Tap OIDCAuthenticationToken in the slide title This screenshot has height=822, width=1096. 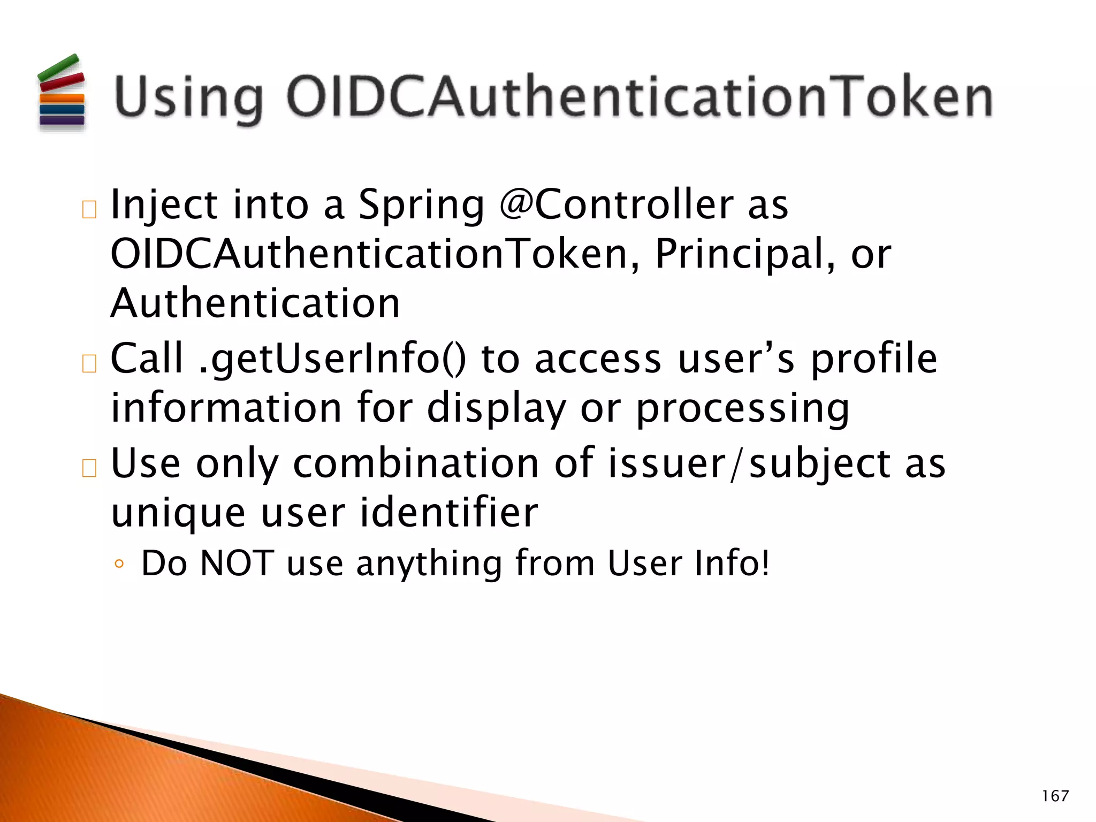[x=640, y=97]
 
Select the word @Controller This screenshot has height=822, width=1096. [x=616, y=204]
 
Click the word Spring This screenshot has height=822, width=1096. [x=421, y=205]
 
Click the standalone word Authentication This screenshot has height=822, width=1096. [x=255, y=303]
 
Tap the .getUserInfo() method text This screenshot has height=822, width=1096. [x=332, y=358]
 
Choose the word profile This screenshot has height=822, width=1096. [x=873, y=359]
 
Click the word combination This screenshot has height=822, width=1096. [x=416, y=463]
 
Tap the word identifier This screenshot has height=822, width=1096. [x=448, y=513]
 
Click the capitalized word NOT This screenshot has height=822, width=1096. [x=237, y=563]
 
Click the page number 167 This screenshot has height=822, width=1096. [x=1055, y=796]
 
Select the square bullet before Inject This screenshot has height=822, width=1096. [x=89, y=210]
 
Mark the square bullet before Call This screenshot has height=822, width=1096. [x=89, y=364]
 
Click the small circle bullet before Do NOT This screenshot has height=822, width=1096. [x=119, y=564]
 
